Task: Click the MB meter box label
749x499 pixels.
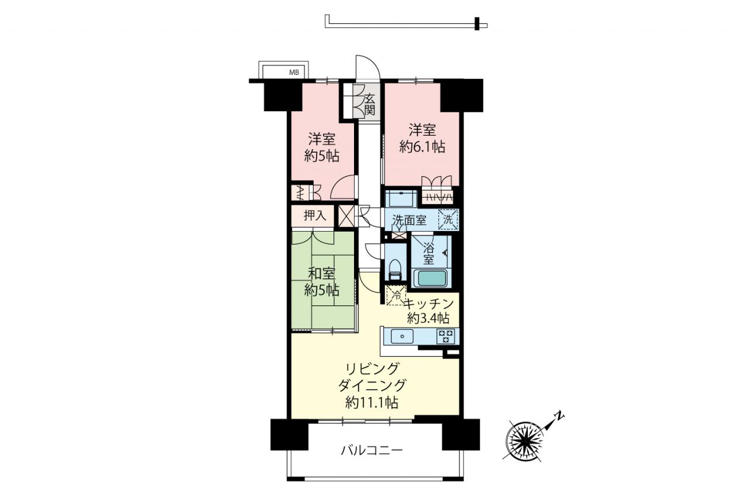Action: click(294, 72)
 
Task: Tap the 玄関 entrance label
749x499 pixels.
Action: click(369, 104)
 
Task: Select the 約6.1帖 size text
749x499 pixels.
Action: click(422, 147)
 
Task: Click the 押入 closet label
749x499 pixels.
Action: click(315, 216)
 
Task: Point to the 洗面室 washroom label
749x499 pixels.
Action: click(409, 221)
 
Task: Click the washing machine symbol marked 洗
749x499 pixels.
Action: click(448, 219)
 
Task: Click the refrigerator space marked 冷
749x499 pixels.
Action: click(396, 295)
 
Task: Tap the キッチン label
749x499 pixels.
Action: click(430, 304)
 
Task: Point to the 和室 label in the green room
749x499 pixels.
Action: click(322, 274)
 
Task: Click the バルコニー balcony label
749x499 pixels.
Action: click(372, 450)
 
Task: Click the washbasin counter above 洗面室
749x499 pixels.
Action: click(401, 199)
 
